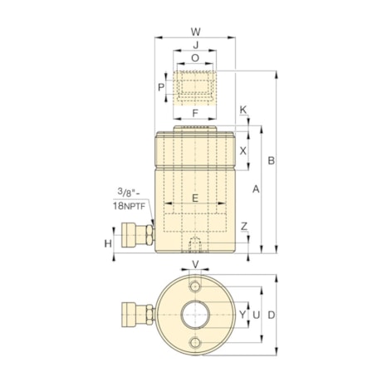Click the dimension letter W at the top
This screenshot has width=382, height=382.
click(x=195, y=32)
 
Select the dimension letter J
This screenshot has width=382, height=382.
click(x=195, y=46)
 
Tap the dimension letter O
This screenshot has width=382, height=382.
click(x=195, y=59)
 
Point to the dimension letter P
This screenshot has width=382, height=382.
click(x=163, y=86)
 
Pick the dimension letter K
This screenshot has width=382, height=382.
click(x=243, y=110)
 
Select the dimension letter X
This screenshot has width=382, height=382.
click(x=243, y=150)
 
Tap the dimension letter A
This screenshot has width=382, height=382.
click(x=257, y=189)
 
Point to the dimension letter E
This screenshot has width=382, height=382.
click(x=195, y=198)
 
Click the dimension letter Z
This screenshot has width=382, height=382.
click(x=243, y=227)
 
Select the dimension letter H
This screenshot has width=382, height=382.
click(x=108, y=242)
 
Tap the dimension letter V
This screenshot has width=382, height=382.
click(x=195, y=265)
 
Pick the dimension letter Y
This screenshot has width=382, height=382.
click(x=242, y=315)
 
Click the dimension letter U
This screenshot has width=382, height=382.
click(x=257, y=315)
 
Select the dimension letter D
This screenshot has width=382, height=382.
click(x=272, y=315)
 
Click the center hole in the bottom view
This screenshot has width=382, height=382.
click(x=195, y=316)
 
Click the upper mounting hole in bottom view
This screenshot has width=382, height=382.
click(x=195, y=286)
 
